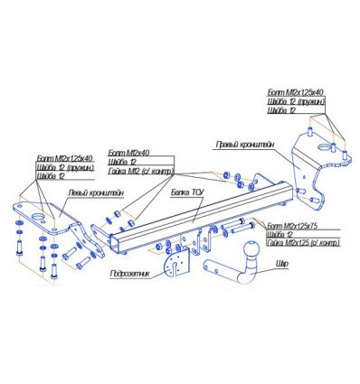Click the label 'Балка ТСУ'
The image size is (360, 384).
[x=185, y=192]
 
